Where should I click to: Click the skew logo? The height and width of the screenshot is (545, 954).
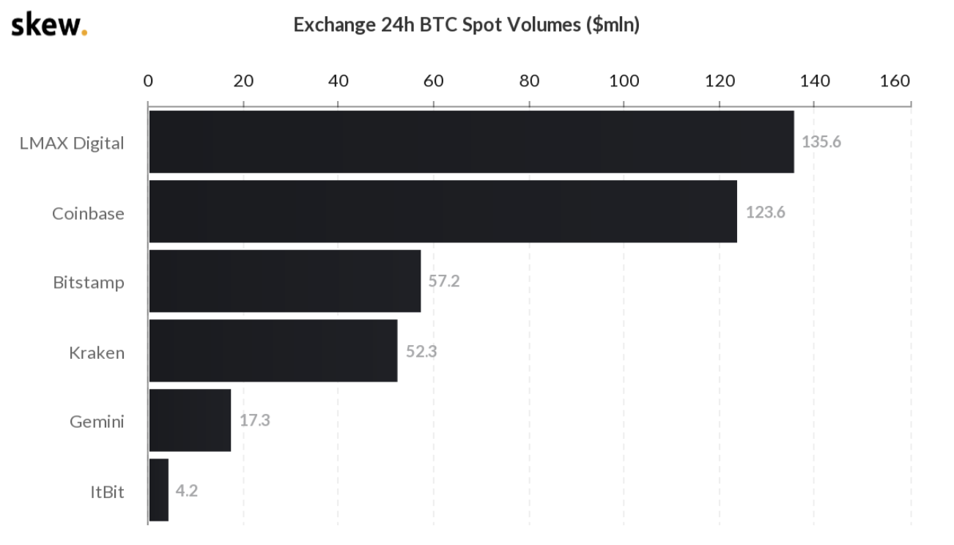[48, 24]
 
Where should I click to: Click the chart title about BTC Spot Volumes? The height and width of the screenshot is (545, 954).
[466, 25]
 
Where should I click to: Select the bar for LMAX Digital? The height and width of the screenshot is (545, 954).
[471, 142]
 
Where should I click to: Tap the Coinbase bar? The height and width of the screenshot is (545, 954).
[443, 212]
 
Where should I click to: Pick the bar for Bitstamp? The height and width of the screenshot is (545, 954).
[284, 281]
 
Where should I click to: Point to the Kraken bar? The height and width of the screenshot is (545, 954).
[273, 351]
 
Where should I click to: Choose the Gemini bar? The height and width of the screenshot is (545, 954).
[190, 420]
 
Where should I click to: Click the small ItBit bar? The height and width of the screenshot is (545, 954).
[159, 490]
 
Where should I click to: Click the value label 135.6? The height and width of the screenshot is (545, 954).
[821, 142]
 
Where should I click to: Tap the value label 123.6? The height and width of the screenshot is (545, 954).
[765, 212]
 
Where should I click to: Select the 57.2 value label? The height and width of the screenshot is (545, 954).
[443, 281]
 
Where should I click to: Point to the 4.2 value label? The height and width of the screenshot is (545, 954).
[186, 491]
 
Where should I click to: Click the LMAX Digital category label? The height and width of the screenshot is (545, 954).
[72, 144]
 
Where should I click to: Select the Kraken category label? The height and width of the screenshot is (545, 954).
[97, 353]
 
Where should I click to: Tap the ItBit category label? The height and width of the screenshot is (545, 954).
[107, 492]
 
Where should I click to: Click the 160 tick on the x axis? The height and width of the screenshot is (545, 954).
[895, 81]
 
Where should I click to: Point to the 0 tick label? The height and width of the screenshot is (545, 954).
[148, 81]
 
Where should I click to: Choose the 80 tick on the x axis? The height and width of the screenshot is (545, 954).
[529, 81]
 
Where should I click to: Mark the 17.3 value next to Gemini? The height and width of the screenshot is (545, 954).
[254, 421]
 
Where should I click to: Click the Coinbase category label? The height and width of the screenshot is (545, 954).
[88, 214]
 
